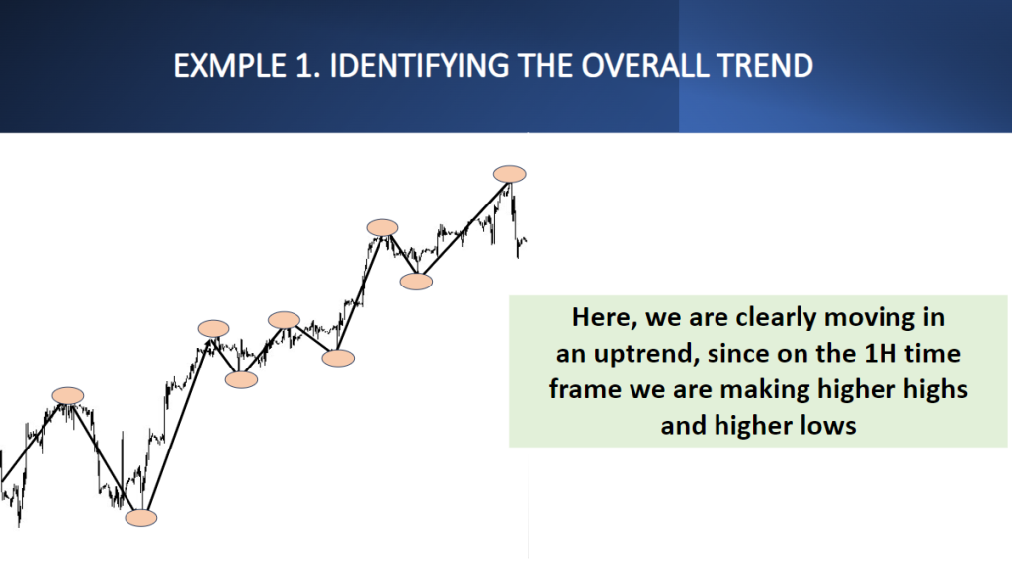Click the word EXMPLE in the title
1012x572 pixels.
229,66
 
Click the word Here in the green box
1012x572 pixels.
605,317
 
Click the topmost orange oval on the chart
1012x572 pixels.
510,174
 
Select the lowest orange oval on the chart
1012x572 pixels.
141,518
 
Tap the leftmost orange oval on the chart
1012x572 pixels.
68,396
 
